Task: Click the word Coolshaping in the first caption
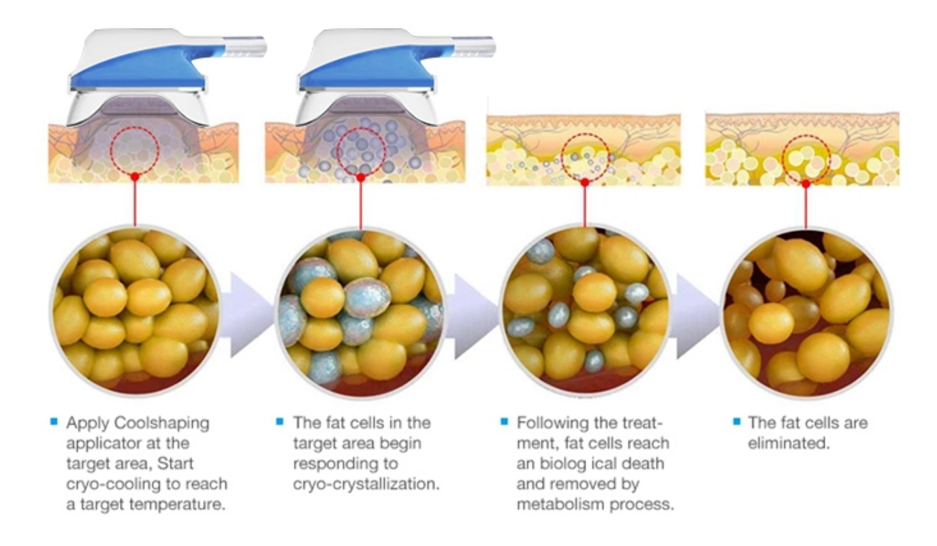click(161, 423)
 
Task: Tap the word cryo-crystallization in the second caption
click(366, 485)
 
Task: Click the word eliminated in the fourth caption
click(789, 444)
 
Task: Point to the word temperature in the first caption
click(177, 504)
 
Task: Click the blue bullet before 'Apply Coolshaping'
click(54, 421)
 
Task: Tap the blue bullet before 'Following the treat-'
click(504, 421)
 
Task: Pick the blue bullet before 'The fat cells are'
click(737, 421)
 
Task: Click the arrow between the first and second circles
click(247, 315)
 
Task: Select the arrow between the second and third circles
click(472, 316)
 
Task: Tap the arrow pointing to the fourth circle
click(695, 316)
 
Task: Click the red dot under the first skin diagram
click(135, 177)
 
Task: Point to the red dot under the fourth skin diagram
click(806, 184)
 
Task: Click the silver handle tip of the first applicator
click(244, 46)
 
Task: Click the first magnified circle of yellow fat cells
click(136, 311)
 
